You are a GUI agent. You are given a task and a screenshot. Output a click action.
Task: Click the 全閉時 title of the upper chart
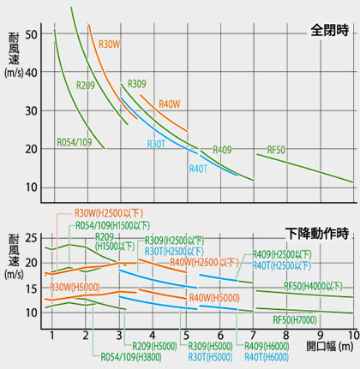(330, 31)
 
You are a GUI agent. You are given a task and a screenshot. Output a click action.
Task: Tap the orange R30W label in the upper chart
(111, 44)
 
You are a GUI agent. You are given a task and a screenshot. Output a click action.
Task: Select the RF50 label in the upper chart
(277, 150)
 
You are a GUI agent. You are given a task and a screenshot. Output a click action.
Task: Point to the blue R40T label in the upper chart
(199, 169)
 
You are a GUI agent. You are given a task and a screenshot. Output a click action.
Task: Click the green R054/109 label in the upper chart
(75, 141)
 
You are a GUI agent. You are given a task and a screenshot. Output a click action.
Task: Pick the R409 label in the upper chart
(222, 150)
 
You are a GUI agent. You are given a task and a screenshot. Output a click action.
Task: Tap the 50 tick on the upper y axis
(34, 34)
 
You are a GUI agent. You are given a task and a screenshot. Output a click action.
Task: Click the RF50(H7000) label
(294, 319)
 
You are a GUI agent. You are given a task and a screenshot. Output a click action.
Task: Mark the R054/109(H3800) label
(129, 356)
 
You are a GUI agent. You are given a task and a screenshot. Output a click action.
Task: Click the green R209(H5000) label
(155, 346)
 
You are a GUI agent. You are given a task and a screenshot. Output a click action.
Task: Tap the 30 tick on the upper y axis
(34, 110)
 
